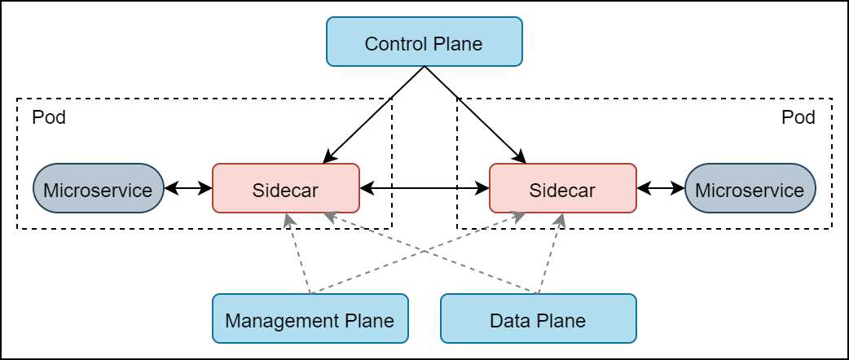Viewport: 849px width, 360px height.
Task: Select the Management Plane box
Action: [x=310, y=318]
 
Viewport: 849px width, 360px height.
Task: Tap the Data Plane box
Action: [x=538, y=318]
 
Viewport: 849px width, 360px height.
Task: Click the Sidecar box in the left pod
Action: [x=285, y=188]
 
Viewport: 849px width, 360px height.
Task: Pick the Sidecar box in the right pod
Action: [x=562, y=188]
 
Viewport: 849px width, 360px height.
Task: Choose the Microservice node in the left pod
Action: [x=98, y=188]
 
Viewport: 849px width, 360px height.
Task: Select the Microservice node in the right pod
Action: [x=750, y=188]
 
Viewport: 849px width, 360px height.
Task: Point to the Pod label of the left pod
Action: [x=49, y=117]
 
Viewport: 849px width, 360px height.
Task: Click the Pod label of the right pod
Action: [x=798, y=117]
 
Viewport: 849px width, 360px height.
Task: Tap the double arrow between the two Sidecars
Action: [x=424, y=188]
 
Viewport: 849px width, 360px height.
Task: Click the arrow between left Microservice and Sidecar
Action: [x=187, y=188]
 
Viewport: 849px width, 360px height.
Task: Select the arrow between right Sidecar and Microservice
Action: [x=661, y=188]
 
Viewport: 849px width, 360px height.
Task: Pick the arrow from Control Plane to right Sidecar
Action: [x=473, y=113]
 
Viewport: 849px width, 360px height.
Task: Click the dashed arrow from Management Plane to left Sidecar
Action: [x=298, y=253]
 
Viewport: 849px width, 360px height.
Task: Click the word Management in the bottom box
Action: [x=277, y=321]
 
